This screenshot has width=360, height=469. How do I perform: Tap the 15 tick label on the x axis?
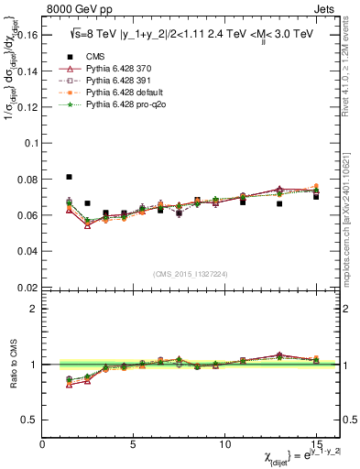(x=316, y=443)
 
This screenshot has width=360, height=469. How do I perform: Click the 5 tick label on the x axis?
(x=134, y=443)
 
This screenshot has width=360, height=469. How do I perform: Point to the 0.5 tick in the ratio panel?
(x=29, y=420)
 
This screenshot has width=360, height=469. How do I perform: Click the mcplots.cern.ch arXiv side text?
(x=352, y=211)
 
